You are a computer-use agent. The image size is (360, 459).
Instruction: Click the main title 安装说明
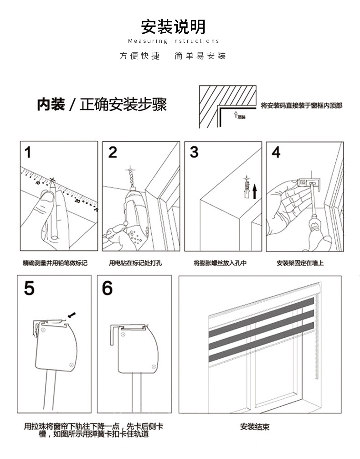coord(173,27)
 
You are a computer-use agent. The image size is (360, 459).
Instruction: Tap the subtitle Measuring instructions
coord(173,41)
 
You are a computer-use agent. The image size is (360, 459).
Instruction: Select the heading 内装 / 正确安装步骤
coord(102,104)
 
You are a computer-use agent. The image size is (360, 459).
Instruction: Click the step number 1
coord(28,152)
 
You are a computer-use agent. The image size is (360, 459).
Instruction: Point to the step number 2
coord(113,152)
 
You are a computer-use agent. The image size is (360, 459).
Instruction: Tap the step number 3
coord(194,152)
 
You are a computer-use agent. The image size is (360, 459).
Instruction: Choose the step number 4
coord(276,152)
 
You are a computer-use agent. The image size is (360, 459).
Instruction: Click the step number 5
coord(29,288)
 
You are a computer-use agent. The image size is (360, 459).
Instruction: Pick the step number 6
coord(108,288)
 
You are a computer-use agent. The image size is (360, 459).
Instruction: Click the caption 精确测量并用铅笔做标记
coord(55,263)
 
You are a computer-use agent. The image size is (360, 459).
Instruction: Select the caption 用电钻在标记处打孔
coord(135,263)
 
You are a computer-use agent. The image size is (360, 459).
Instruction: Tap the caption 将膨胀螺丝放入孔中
coord(220,263)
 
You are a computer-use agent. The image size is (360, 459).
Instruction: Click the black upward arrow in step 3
coord(255,191)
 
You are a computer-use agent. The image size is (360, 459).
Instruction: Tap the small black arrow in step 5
coord(71,315)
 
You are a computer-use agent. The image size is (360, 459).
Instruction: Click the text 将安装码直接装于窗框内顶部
coord(301,105)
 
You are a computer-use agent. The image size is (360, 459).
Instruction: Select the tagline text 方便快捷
coord(140,56)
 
